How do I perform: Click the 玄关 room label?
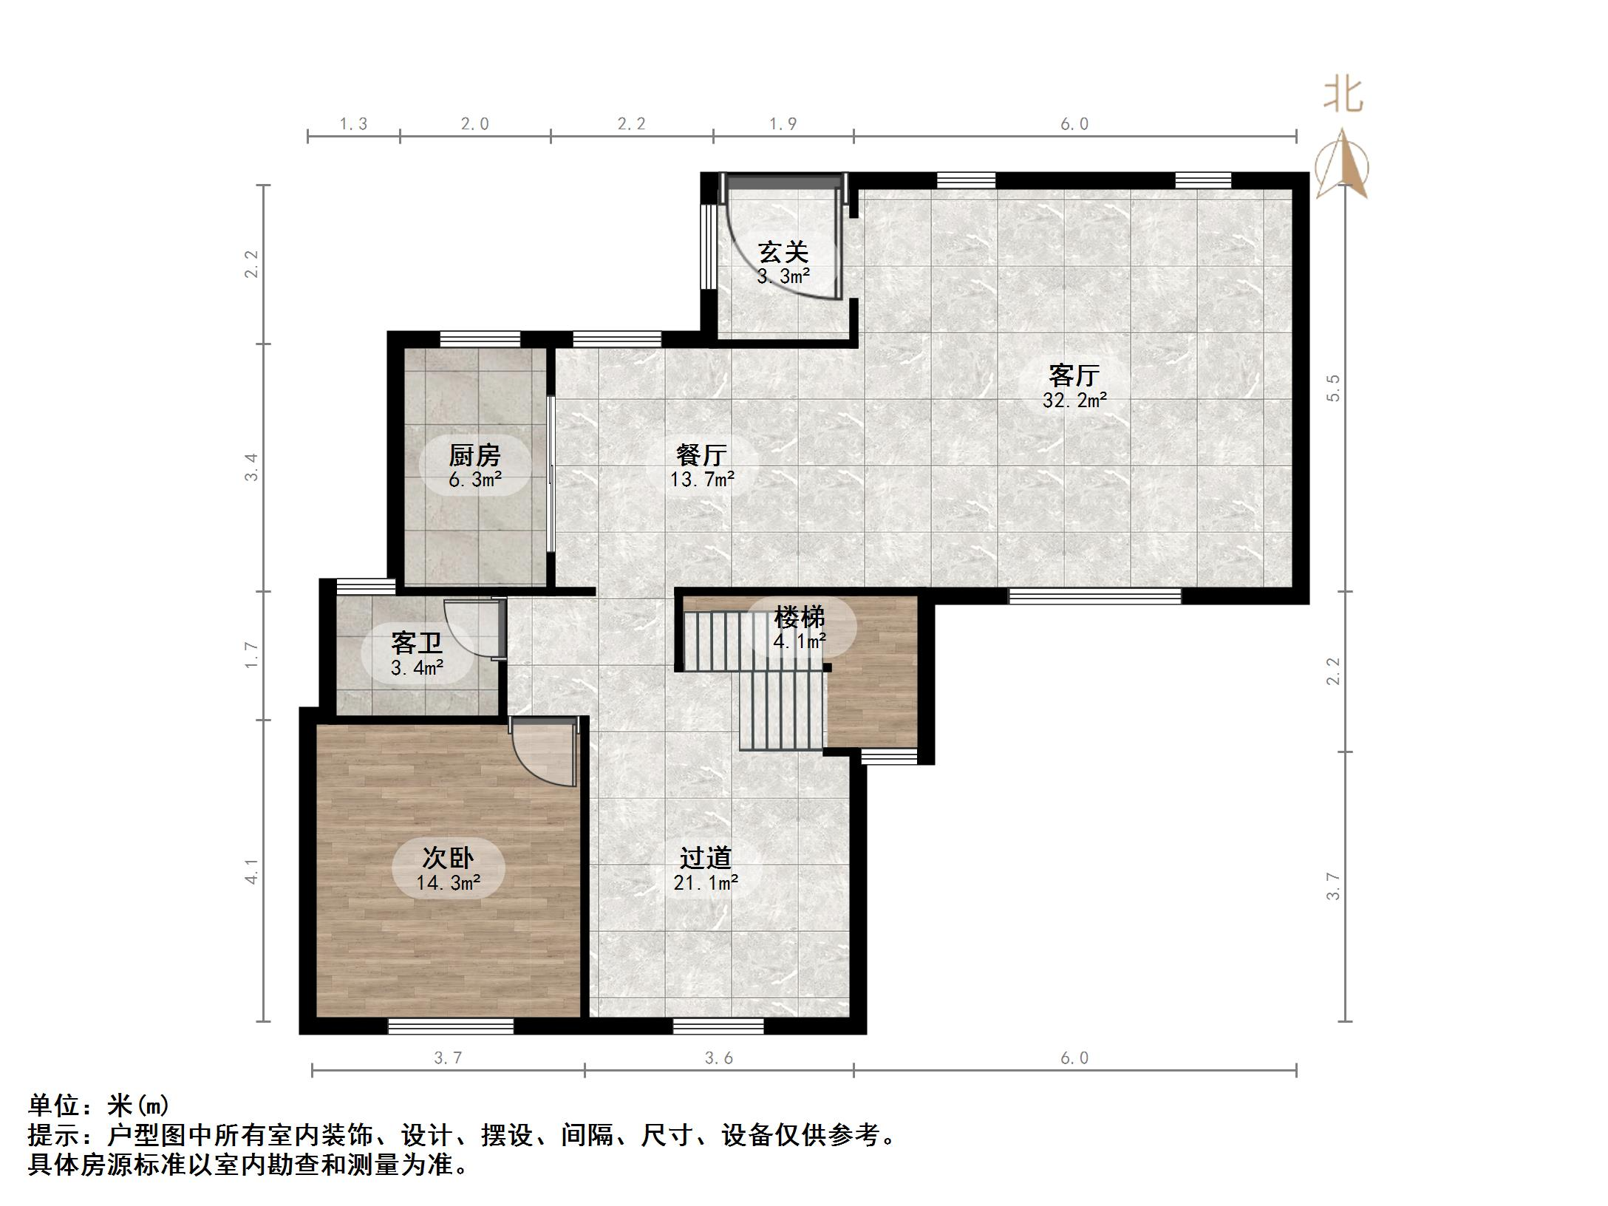[x=783, y=253]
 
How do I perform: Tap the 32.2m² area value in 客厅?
[x=1074, y=401]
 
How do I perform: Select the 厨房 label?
[x=474, y=455]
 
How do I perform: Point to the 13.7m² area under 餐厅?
[x=702, y=480]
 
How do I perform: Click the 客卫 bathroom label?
[x=417, y=644]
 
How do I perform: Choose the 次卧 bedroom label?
[x=448, y=858]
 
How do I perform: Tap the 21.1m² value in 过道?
[x=706, y=882]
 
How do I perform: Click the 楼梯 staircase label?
[x=799, y=617]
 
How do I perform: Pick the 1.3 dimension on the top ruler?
[x=353, y=124]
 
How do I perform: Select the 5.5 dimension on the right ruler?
[x=1333, y=387]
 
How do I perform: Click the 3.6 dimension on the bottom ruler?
[x=718, y=1058]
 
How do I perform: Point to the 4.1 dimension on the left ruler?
[x=253, y=871]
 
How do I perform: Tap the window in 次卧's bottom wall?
[x=451, y=1026]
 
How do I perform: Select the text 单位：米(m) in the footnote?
[x=99, y=1105]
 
